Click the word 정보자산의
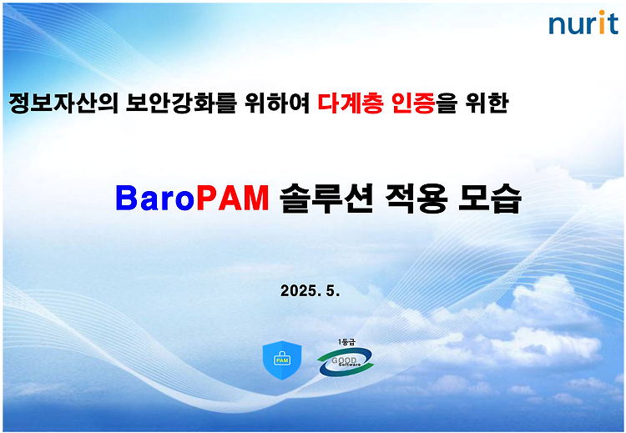click(63, 103)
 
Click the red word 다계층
click(351, 103)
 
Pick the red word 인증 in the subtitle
click(413, 103)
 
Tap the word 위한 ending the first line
click(487, 103)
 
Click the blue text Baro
click(155, 198)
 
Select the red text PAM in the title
click(233, 198)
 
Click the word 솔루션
click(326, 198)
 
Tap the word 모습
click(489, 198)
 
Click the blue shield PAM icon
click(282, 360)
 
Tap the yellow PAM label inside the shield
click(282, 360)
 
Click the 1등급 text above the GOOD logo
click(346, 342)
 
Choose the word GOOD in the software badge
click(344, 360)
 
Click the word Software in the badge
click(350, 365)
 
